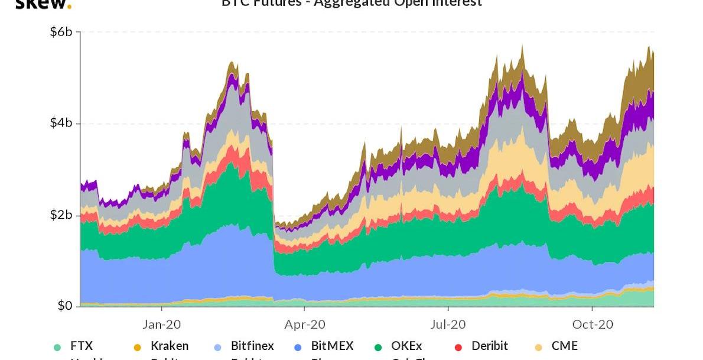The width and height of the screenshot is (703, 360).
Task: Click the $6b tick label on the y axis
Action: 61,32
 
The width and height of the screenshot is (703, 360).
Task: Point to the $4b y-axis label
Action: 61,123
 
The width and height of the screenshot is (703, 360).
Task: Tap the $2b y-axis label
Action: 61,215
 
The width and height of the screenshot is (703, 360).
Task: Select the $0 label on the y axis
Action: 64,306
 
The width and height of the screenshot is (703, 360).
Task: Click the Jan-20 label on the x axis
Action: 161,324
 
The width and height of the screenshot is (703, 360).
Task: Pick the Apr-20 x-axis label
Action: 305,324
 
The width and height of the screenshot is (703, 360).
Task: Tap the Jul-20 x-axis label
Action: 448,324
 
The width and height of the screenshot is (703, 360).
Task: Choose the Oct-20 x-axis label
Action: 593,324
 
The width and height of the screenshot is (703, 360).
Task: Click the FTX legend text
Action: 82,346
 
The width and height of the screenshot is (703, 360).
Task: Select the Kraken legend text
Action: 170,346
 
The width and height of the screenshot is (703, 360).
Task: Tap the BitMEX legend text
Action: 332,346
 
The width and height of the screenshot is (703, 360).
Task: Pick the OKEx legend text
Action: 406,346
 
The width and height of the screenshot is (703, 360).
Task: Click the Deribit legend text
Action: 490,346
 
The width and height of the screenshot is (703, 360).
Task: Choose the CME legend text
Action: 565,346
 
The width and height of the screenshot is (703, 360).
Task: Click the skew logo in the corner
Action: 43,4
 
